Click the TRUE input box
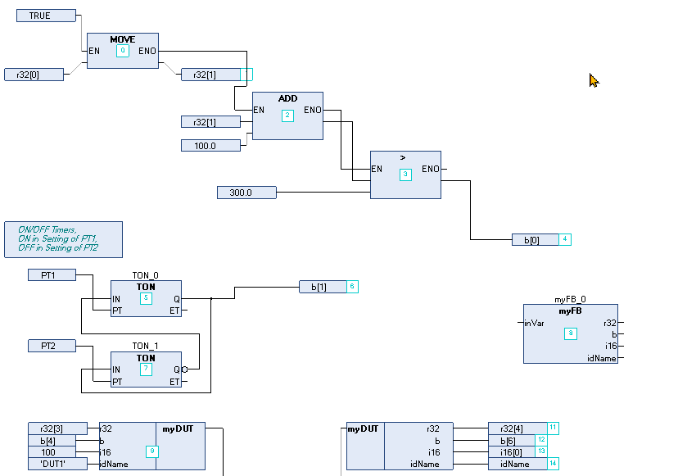[46, 16]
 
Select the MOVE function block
[122, 51]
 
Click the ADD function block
[287, 116]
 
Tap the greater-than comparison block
[405, 175]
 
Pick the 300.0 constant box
[246, 193]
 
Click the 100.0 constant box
[210, 145]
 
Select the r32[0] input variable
[34, 75]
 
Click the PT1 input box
[52, 274]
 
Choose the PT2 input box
[52, 346]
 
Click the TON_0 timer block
[146, 298]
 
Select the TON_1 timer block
[146, 369]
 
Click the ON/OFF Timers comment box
[63, 239]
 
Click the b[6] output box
[512, 440]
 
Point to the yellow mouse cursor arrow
[594, 79]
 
